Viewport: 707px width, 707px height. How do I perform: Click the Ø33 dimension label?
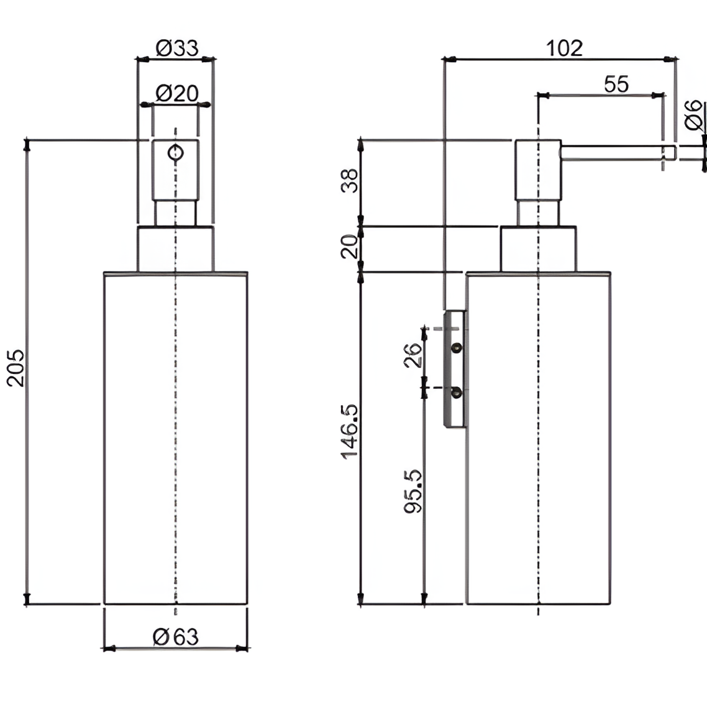click(176, 48)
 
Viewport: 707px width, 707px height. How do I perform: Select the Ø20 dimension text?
click(176, 94)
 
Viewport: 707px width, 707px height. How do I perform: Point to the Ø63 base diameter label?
click(176, 636)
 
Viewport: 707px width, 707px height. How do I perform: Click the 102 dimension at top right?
click(564, 48)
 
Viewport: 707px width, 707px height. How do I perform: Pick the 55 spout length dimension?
click(616, 84)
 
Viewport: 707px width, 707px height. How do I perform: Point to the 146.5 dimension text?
click(350, 431)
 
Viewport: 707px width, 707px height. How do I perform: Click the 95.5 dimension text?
click(413, 491)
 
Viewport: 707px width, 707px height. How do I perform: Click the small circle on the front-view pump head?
click(176, 152)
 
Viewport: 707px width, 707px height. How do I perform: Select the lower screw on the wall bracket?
click(457, 392)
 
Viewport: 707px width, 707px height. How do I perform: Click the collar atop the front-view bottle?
click(175, 249)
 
